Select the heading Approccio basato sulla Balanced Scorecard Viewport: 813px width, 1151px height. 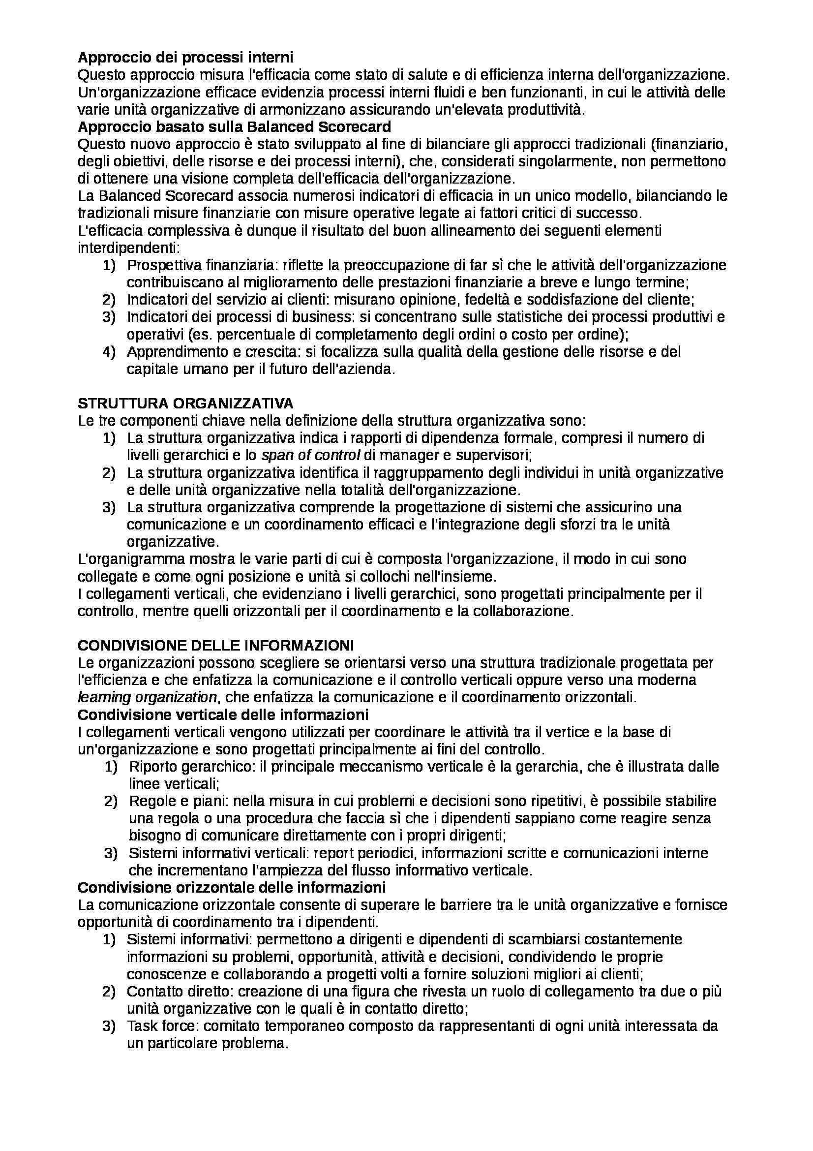click(x=235, y=127)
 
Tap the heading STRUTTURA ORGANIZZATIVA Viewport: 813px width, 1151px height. click(x=185, y=403)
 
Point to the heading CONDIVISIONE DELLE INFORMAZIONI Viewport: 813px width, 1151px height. click(x=216, y=645)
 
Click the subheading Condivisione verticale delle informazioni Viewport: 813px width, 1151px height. click(x=223, y=714)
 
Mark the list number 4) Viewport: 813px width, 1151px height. click(x=109, y=352)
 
